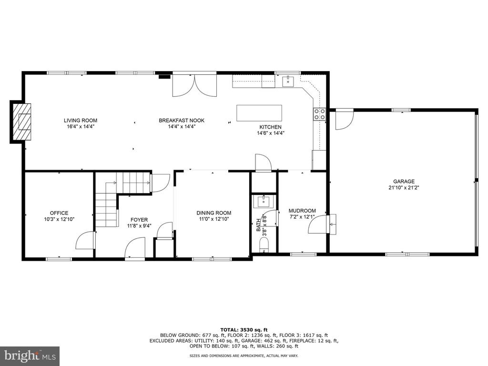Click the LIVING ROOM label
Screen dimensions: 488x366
80,121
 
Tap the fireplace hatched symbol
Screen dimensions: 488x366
22,122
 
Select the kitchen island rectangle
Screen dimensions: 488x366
259,113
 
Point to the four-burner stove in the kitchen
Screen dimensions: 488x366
319,113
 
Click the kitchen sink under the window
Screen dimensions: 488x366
288,81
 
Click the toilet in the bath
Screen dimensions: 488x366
264,244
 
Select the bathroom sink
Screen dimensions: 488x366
264,202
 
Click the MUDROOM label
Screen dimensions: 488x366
302,211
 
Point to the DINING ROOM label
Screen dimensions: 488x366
214,213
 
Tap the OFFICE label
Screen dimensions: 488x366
59,213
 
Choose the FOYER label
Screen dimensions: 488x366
139,220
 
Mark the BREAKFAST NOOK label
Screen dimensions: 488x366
182,121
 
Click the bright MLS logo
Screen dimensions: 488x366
30,356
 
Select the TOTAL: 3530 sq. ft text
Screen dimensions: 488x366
244,330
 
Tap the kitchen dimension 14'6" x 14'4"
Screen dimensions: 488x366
271,133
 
